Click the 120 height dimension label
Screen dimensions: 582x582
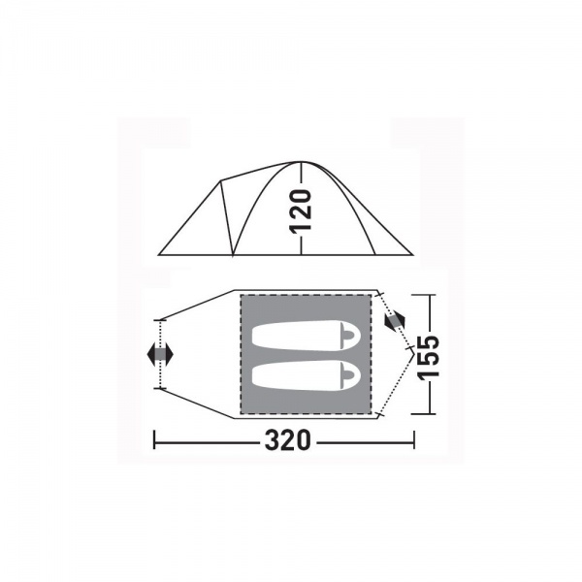coord(301,211)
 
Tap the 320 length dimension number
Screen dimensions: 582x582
coord(287,440)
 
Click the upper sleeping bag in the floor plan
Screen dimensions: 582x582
coord(307,336)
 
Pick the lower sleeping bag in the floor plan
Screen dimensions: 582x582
coord(307,374)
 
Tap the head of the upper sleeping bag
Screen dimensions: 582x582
coord(350,336)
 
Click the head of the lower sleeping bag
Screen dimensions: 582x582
coord(350,374)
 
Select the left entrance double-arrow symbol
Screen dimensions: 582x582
coord(160,354)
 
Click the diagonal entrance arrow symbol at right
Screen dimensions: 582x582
coord(396,319)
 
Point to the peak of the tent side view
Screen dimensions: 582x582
coord(301,162)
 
